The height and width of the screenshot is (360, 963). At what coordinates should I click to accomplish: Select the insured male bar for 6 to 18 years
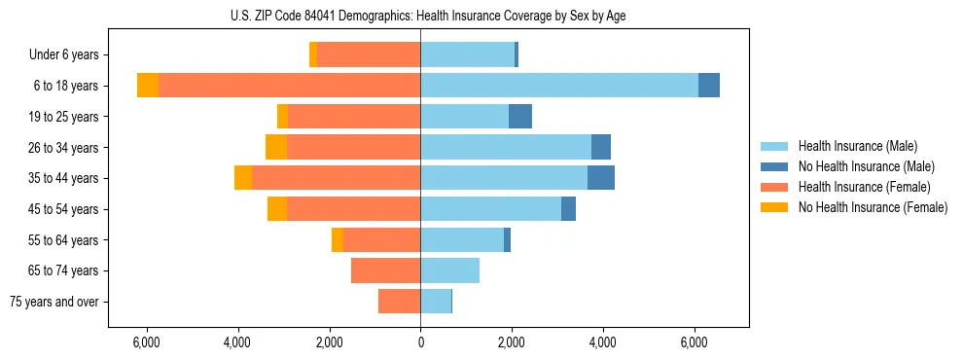click(x=559, y=86)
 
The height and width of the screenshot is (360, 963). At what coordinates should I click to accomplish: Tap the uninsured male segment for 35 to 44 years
click(x=601, y=178)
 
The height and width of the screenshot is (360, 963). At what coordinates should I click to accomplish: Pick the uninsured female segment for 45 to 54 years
click(x=277, y=209)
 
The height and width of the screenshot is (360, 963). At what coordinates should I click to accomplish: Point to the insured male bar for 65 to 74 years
click(x=449, y=270)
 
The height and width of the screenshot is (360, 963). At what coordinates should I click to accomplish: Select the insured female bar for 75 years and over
click(x=399, y=302)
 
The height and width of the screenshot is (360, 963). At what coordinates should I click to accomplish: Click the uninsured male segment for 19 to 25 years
click(x=520, y=117)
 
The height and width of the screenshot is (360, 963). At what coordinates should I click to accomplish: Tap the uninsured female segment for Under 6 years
click(x=313, y=54)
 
